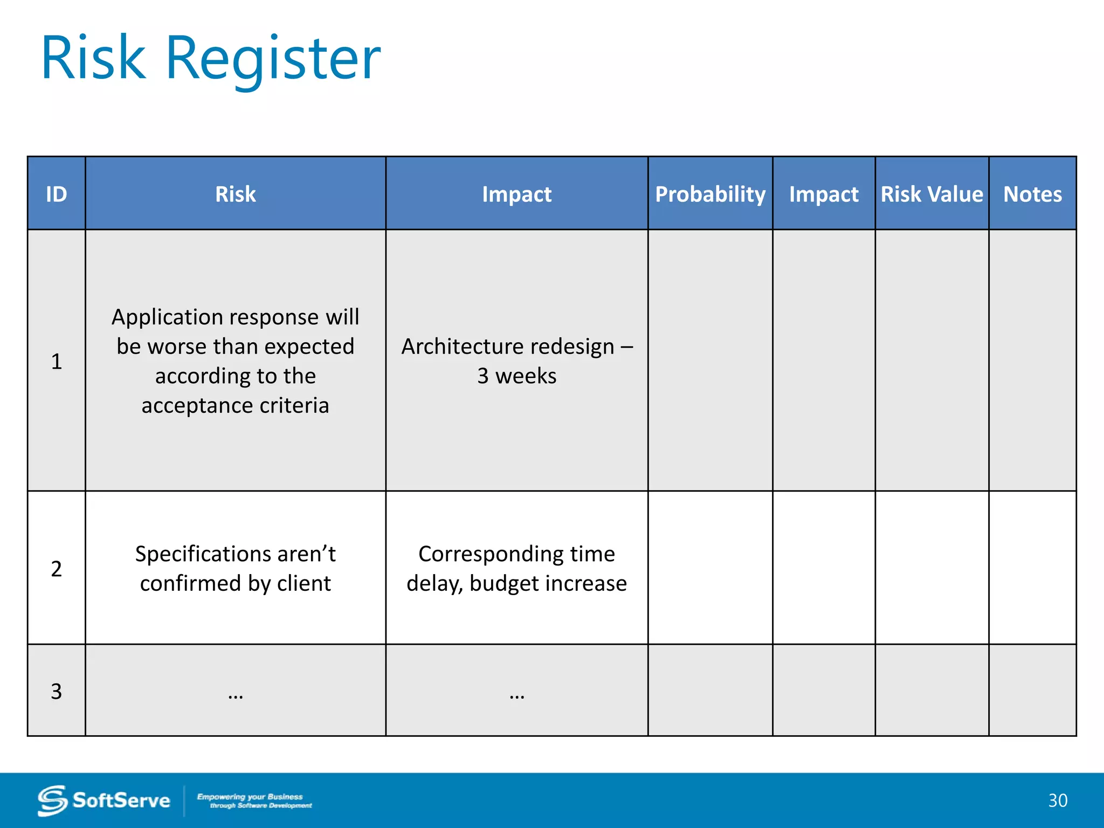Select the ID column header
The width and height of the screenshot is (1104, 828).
[x=56, y=194]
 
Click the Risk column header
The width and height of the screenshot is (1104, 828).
[x=235, y=194]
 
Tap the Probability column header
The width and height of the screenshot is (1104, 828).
[x=710, y=194]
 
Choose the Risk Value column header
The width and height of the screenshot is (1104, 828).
[x=931, y=194]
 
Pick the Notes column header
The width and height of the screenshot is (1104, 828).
[x=1032, y=194]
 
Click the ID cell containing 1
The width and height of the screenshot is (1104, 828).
[x=56, y=361]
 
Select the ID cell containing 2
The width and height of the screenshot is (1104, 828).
[x=56, y=569]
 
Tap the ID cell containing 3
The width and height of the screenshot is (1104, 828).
[x=56, y=691]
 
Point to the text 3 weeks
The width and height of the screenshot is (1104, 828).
[x=516, y=376]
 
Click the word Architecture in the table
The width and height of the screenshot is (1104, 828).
[x=454, y=347]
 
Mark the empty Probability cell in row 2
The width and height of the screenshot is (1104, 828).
[x=710, y=568]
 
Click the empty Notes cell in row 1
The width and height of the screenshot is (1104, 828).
[x=1032, y=360]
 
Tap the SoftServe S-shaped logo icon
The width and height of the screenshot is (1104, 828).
[x=52, y=801]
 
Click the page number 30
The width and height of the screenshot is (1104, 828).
[x=1057, y=801]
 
